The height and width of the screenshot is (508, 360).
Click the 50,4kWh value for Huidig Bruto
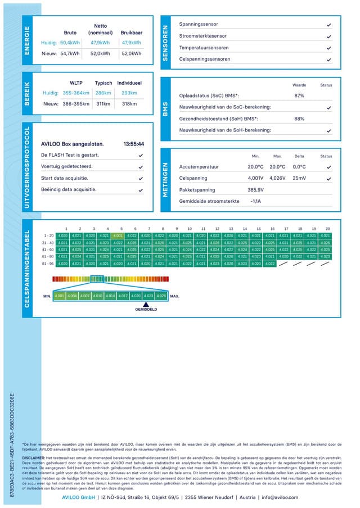pos(70,43)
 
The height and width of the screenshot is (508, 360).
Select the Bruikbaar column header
pos(131,33)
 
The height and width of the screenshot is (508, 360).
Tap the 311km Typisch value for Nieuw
pos(103,103)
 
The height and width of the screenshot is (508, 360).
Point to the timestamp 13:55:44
pos(133,144)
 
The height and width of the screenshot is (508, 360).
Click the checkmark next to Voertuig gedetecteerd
pos(141,167)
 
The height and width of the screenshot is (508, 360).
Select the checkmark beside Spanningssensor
pos(329,25)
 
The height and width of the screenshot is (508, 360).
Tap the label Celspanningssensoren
pos(204,59)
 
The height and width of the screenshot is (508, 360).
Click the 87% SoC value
pos(299,96)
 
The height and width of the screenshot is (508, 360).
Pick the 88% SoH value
pos(299,119)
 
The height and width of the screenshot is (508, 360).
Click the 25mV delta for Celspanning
pos(299,178)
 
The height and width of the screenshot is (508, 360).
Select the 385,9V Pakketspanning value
pos(256,189)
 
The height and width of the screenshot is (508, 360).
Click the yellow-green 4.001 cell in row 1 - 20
pos(118,235)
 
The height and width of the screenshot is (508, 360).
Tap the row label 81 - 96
pos(48,263)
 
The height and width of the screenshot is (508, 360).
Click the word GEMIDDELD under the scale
pos(146,310)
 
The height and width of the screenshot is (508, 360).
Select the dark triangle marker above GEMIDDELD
pos(146,303)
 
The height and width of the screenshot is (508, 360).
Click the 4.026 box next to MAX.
pos(161,296)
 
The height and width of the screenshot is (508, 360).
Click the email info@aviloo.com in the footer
pos(280,497)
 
